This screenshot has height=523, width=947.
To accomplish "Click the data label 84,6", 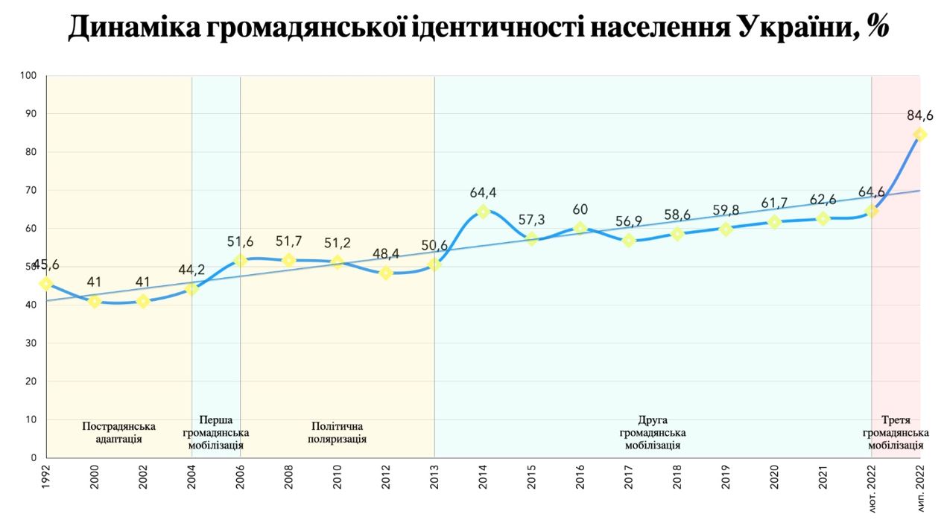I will pyautogui.click(x=919, y=115).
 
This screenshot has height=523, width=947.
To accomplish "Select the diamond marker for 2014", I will pyautogui.click(x=483, y=212).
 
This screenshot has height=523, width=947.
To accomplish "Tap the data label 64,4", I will pyautogui.click(x=483, y=193).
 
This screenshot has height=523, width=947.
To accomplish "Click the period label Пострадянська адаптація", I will pyautogui.click(x=119, y=432).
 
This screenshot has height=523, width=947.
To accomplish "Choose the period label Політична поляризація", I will pyautogui.click(x=337, y=432).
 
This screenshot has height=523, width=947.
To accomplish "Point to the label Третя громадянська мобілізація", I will pyautogui.click(x=896, y=432).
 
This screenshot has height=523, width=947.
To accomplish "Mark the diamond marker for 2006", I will pyautogui.click(x=240, y=260).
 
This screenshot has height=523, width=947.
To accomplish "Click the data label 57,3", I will pyautogui.click(x=531, y=220).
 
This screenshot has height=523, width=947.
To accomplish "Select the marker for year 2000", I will pyautogui.click(x=95, y=301).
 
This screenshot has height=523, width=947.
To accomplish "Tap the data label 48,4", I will pyautogui.click(x=385, y=254).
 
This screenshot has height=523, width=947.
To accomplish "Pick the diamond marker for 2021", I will pyautogui.click(x=823, y=218).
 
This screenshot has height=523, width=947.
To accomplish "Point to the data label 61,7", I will pyautogui.click(x=774, y=203).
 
